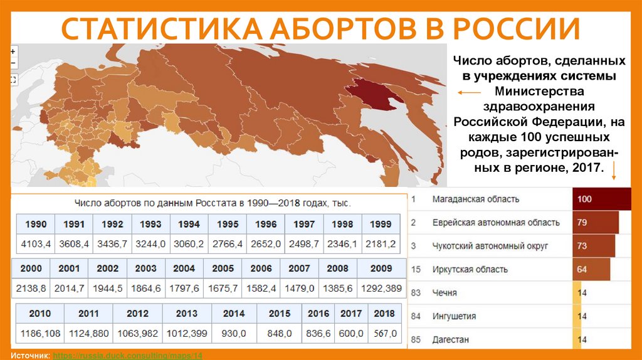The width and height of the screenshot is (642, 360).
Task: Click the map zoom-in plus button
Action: [x=13, y=51]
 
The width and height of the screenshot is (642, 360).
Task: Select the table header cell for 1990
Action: [x=36, y=224]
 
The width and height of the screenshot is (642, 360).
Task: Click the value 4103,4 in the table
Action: [x=36, y=243]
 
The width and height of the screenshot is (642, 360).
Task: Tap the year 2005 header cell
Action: [x=223, y=268]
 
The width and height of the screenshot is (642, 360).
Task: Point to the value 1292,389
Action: [x=381, y=288]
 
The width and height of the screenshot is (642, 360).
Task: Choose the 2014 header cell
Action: [x=233, y=313]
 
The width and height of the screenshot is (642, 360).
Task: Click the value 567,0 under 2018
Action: [x=384, y=332]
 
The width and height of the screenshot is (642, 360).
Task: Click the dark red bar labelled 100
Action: [x=601, y=199]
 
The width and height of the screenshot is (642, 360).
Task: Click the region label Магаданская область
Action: [x=476, y=199]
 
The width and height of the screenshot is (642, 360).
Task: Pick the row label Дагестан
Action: [x=450, y=339]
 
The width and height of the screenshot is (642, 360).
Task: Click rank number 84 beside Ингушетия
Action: [x=415, y=316]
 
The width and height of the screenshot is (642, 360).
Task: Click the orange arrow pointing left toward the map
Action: [x=468, y=93]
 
